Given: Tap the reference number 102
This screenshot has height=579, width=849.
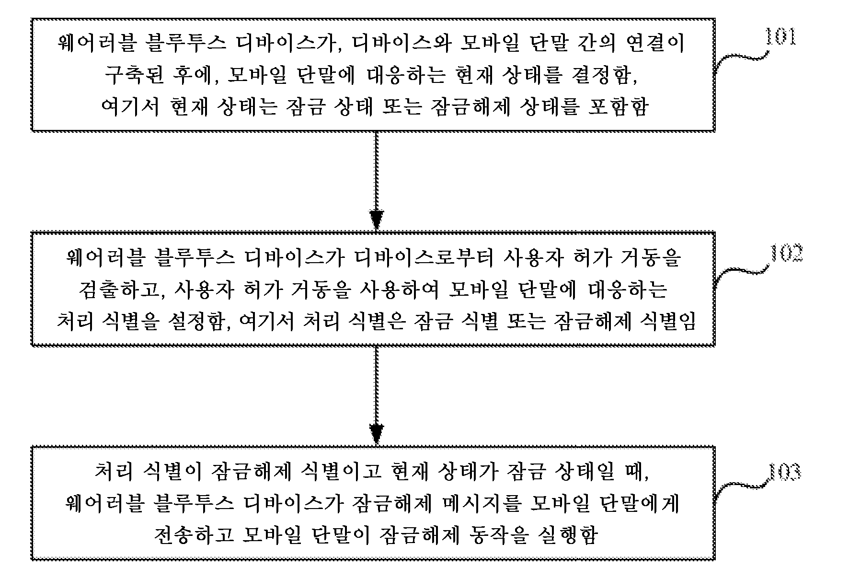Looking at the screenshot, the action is click(786, 253).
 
